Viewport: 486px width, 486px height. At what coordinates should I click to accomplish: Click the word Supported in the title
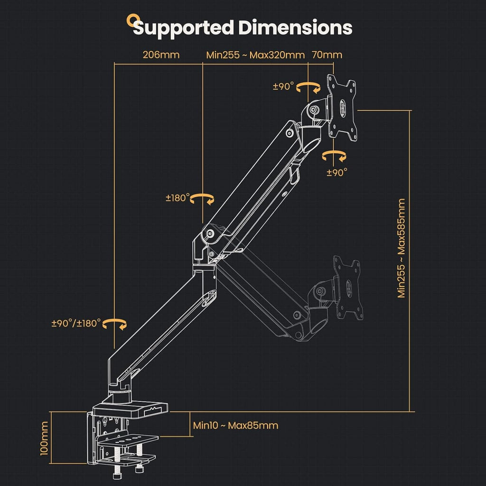pyautogui.click(x=183, y=28)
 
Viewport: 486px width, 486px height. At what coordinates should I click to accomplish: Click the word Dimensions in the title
pyautogui.click(x=295, y=28)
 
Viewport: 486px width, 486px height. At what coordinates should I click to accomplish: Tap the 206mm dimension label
pyautogui.click(x=161, y=55)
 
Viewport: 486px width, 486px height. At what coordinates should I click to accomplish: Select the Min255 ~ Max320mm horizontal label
pyautogui.click(x=255, y=55)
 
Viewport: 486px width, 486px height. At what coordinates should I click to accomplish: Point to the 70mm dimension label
pyautogui.click(x=327, y=55)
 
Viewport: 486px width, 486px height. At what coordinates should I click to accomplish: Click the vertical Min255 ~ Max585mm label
pyautogui.click(x=402, y=248)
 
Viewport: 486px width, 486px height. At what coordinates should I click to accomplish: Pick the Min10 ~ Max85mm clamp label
pyautogui.click(x=235, y=425)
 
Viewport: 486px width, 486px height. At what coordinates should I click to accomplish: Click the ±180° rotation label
pyautogui.click(x=178, y=198)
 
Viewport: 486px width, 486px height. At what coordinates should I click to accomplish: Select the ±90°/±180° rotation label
pyautogui.click(x=76, y=323)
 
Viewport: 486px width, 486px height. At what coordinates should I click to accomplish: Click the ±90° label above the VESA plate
pyautogui.click(x=283, y=86)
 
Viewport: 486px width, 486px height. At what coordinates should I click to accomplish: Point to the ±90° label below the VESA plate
pyautogui.click(x=336, y=172)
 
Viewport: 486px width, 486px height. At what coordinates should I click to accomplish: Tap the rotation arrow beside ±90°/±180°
pyautogui.click(x=115, y=324)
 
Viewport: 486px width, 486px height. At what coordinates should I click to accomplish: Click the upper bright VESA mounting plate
pyautogui.click(x=343, y=108)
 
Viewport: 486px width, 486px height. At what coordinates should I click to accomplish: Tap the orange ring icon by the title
pyautogui.click(x=131, y=20)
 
